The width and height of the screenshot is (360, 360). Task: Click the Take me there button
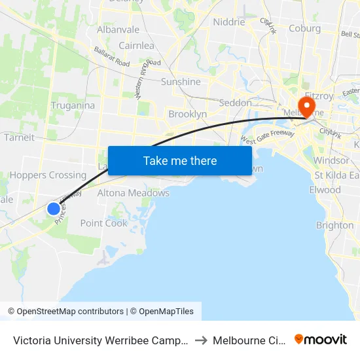point(180,160)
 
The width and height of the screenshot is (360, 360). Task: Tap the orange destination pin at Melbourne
point(306,105)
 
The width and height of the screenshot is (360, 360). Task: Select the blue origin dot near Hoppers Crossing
point(54,209)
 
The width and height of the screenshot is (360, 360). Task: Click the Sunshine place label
point(181,82)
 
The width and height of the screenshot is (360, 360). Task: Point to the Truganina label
point(73,105)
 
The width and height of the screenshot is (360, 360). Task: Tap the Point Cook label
point(104,223)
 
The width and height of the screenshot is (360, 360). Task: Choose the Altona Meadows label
point(133,193)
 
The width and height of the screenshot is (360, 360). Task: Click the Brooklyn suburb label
point(187,114)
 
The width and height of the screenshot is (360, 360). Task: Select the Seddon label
point(235,103)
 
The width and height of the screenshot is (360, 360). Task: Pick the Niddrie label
point(229,22)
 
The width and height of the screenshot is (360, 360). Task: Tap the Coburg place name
point(305,28)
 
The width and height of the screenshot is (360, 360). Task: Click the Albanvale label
point(118,29)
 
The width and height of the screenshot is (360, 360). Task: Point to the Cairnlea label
point(136,45)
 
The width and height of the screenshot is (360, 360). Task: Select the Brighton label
point(334,225)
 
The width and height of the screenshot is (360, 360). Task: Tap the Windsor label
point(331,160)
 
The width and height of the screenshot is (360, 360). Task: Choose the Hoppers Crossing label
point(48,175)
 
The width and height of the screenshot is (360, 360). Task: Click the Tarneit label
point(19,137)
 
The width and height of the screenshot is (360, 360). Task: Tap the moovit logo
point(321,340)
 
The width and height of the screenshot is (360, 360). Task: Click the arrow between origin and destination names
point(201,340)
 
